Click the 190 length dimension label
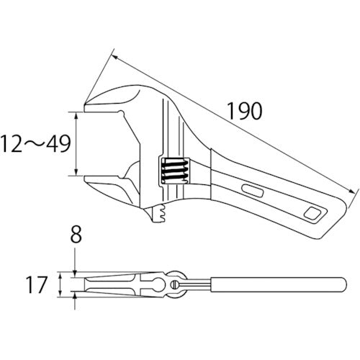pyautogui.click(x=244, y=111)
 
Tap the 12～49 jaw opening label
pyautogui.click(x=35, y=144)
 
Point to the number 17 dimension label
pyautogui.click(x=37, y=284)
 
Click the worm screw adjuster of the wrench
pyautogui.click(x=175, y=171)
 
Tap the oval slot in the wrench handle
pyautogui.click(x=252, y=190)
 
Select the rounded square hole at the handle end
pyautogui.click(x=312, y=212)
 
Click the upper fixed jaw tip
pyautogui.click(x=85, y=106)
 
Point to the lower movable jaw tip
pyautogui.click(x=85, y=179)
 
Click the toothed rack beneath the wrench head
pyautogui.click(x=159, y=213)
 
